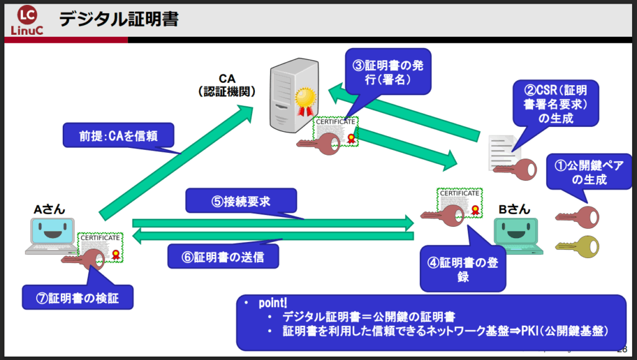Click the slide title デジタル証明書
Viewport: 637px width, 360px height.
click(x=119, y=20)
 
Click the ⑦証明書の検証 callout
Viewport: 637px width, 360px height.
click(x=78, y=298)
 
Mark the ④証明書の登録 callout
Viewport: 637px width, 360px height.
click(x=463, y=267)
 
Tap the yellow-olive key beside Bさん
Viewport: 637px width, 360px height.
click(x=579, y=247)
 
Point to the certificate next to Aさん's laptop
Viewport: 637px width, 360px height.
click(x=101, y=247)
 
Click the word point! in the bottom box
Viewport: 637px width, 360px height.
click(x=272, y=304)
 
